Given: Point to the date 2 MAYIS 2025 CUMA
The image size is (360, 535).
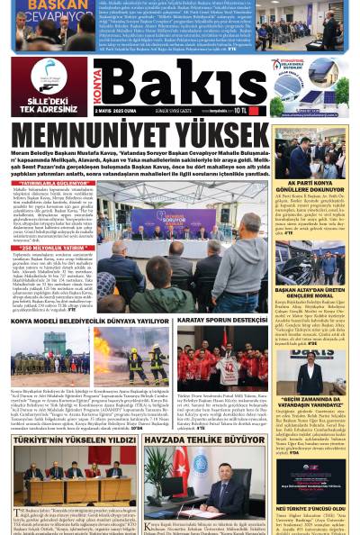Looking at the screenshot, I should click(x=118, y=113).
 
